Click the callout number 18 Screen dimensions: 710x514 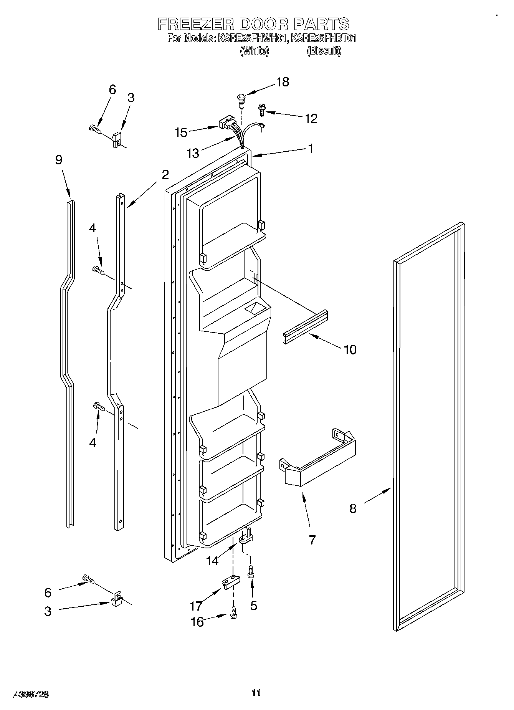283,82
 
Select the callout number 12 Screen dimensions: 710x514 311,118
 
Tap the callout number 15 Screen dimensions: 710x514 181,133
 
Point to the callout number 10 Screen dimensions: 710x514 350,349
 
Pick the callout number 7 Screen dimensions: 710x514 312,540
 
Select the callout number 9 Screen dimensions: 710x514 59,160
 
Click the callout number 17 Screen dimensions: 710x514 196,606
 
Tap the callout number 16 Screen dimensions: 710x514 197,622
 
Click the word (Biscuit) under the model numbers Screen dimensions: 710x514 324,51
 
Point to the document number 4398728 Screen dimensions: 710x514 31,694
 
